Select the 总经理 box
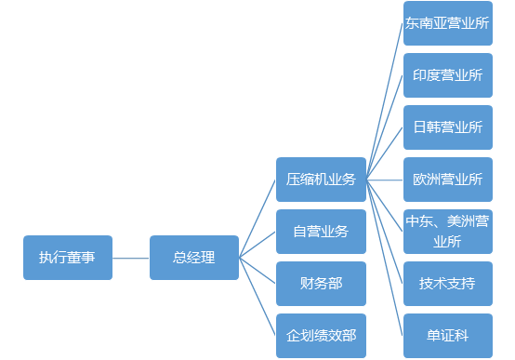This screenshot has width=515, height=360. (193, 258)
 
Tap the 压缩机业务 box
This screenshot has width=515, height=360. (321, 180)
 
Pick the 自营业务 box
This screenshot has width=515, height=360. (321, 232)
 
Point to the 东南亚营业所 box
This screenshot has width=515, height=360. (447, 24)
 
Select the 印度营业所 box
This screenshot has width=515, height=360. (447, 76)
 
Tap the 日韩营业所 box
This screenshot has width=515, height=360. (447, 127)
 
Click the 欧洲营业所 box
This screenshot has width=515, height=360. (447, 180)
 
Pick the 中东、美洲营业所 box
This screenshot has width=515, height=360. (447, 232)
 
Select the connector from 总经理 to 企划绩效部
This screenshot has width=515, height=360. (257, 298)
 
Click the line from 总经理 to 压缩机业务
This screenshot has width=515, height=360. (257, 218)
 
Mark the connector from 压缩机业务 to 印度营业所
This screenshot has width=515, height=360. (385, 128)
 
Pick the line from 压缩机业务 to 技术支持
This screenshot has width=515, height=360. (385, 232)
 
